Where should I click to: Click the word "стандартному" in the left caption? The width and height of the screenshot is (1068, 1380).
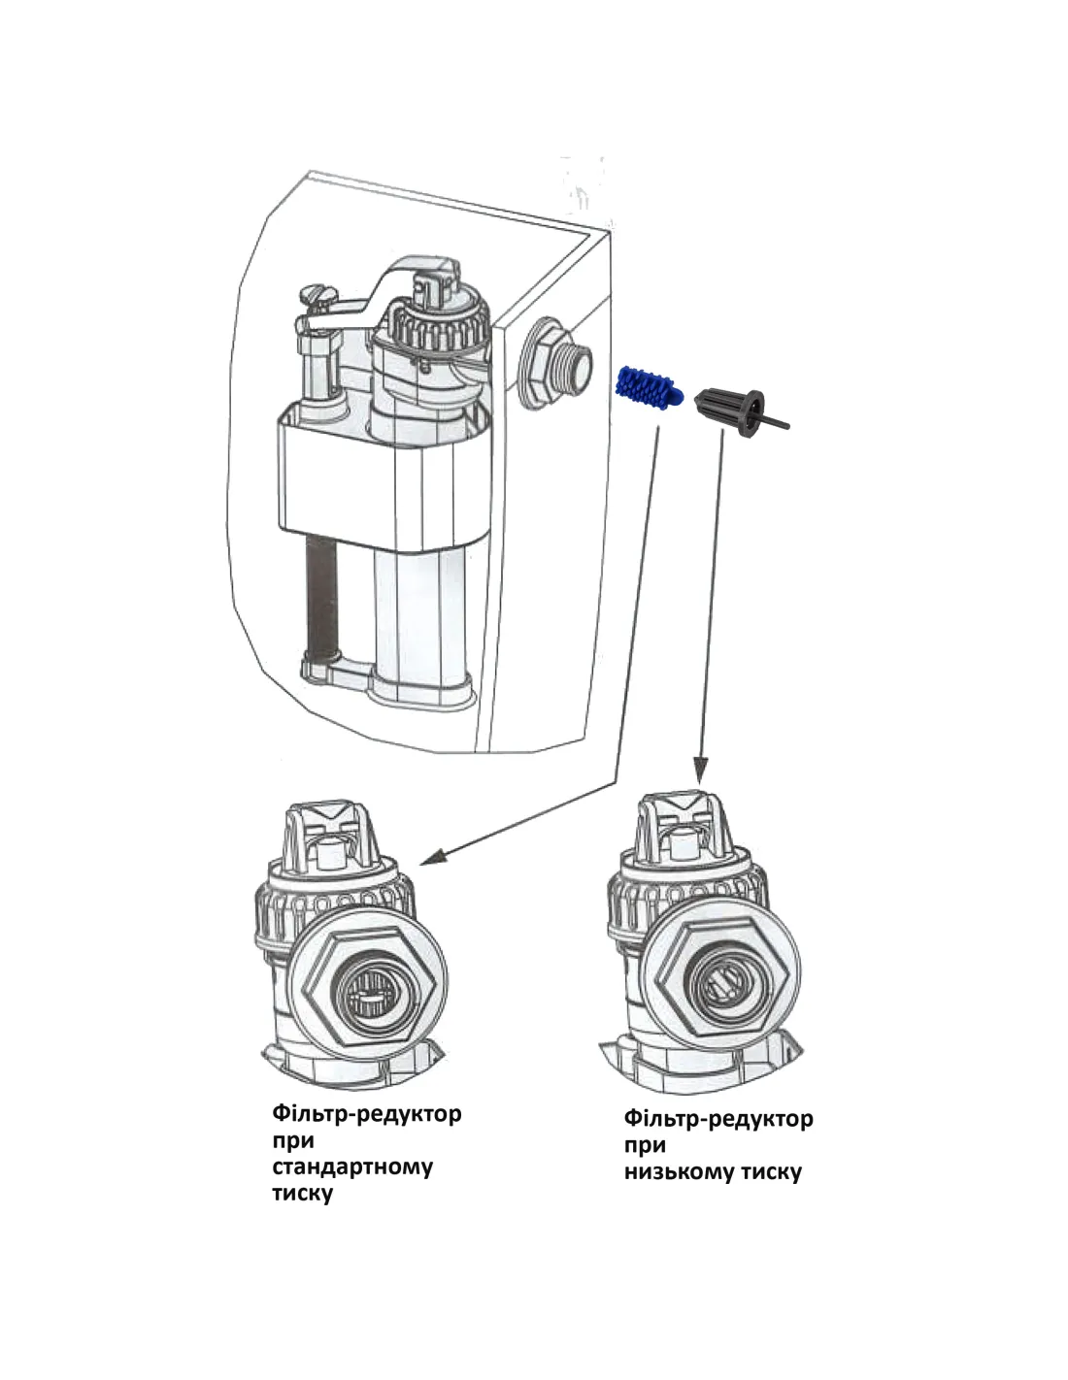[x=352, y=1166]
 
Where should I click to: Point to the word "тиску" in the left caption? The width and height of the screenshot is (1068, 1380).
[x=303, y=1193]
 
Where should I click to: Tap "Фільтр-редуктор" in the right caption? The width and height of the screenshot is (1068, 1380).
[x=718, y=1118]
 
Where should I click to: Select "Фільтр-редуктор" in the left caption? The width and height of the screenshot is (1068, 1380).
[x=367, y=1112]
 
